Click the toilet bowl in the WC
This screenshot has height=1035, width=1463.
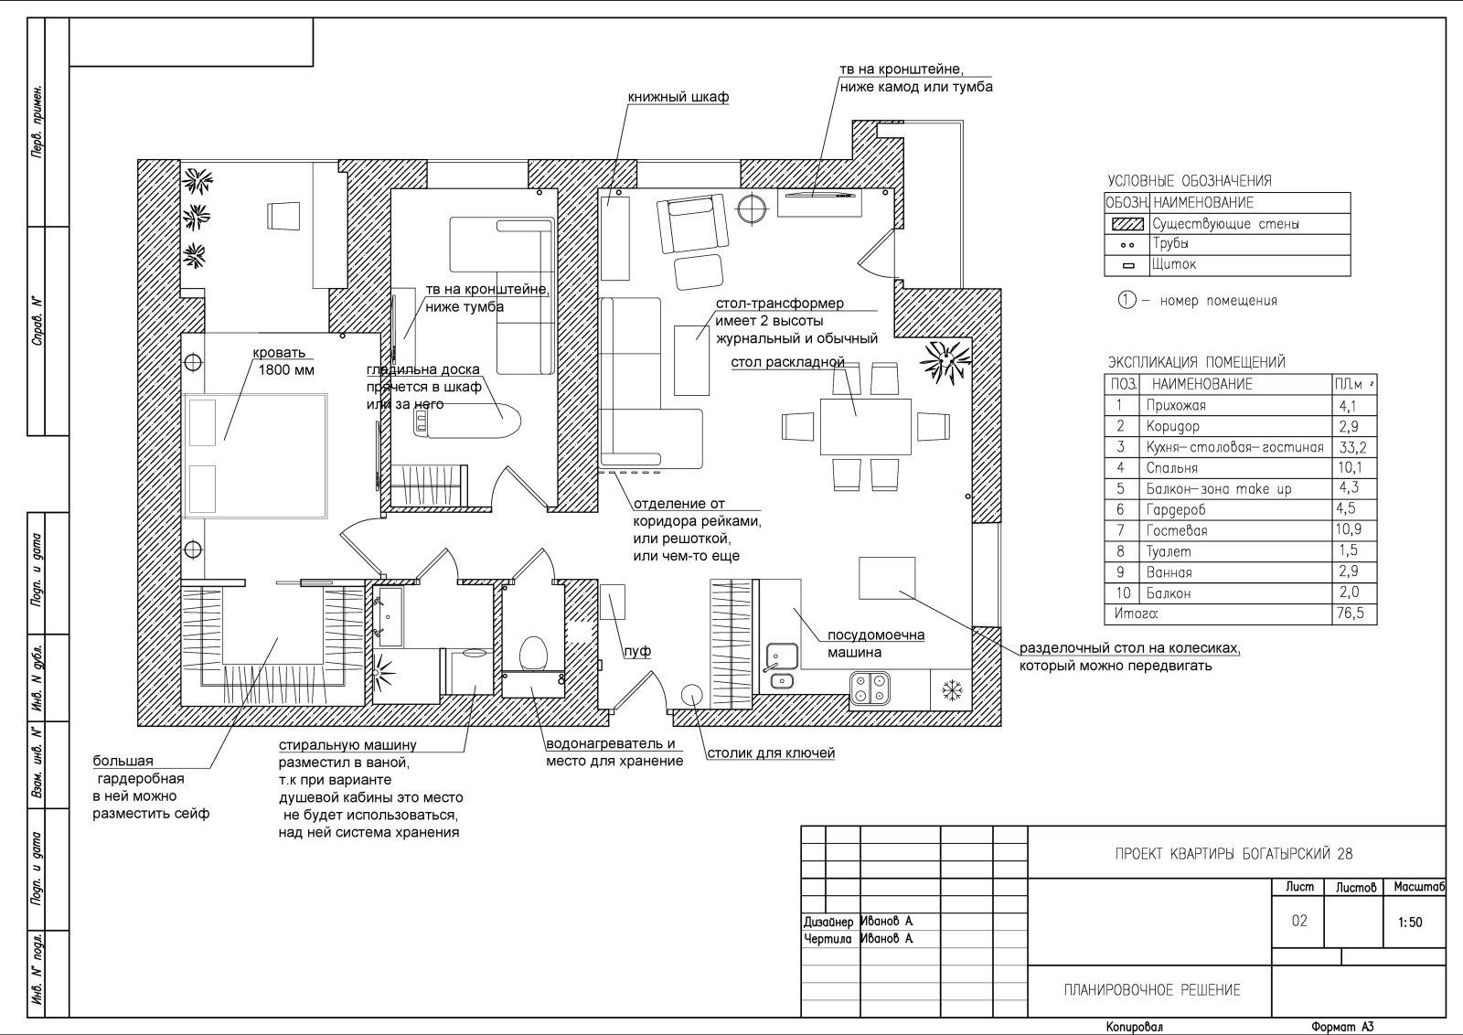tap(533, 653)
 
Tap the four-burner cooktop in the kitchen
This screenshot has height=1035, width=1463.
tap(870, 688)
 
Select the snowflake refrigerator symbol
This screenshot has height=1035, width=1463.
tap(952, 691)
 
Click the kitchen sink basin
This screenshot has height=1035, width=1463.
tap(782, 656)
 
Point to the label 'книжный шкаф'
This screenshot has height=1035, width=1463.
tap(678, 97)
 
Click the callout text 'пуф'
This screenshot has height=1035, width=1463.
tap(637, 651)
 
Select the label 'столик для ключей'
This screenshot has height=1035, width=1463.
tap(772, 752)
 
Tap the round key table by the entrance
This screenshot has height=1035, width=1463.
tap(691, 696)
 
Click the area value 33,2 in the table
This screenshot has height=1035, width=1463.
tap(1352, 447)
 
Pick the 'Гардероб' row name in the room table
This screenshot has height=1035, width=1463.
tap(1176, 509)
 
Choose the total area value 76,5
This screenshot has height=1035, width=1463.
tap(1351, 614)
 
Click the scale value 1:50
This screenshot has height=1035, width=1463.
tap(1410, 922)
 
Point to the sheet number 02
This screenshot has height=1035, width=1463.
tap(1299, 921)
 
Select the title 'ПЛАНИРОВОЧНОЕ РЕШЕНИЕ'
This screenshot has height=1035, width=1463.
tap(1152, 990)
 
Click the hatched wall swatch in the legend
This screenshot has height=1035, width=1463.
tap(1127, 224)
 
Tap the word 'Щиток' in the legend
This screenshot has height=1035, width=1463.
tap(1174, 264)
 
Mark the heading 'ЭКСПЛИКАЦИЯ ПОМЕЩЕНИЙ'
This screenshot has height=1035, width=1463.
tap(1197, 362)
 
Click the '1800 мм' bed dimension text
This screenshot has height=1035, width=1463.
tap(286, 370)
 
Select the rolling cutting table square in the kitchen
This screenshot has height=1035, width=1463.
tap(887, 578)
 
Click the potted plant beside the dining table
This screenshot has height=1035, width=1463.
tap(945, 361)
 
